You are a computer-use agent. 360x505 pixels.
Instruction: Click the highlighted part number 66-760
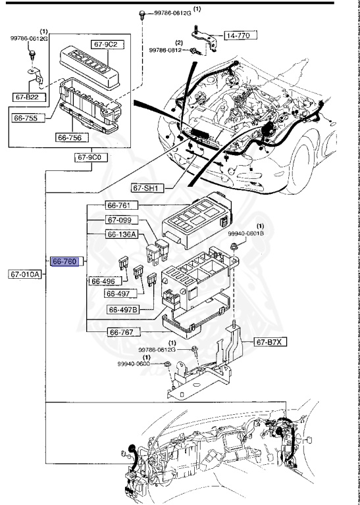(x=66, y=261)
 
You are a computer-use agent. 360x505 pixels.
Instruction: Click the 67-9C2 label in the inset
(x=105, y=45)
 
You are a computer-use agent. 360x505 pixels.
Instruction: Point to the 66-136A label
(x=122, y=234)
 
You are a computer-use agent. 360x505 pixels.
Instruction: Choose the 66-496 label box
(x=104, y=281)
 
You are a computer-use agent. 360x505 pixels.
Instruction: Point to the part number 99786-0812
(x=164, y=49)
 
